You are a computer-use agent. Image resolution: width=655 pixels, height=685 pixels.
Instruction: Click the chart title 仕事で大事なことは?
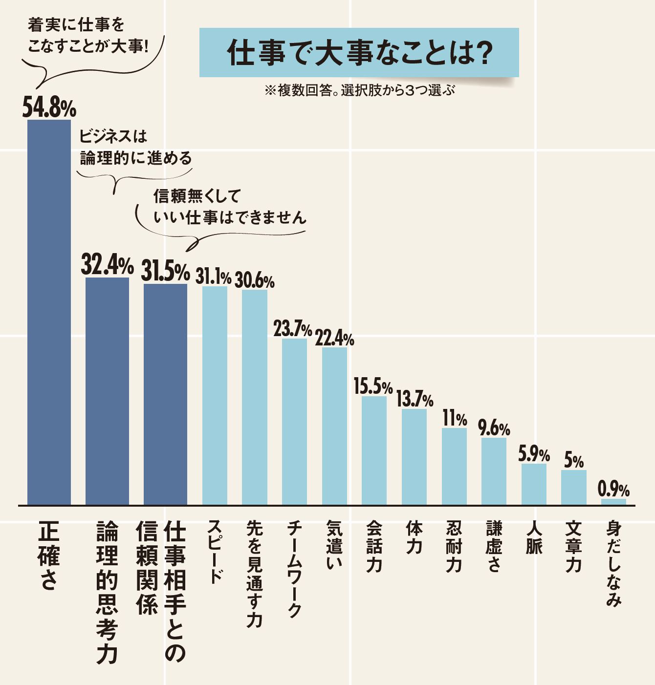tap(359, 53)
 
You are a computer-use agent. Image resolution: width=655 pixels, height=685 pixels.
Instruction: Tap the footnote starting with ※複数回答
tap(359, 90)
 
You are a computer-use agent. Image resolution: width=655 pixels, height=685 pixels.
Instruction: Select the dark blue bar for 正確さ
tap(49, 313)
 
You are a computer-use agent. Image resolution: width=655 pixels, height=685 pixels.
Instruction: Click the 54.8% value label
tap(49, 107)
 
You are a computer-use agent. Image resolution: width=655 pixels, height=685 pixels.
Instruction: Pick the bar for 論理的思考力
tap(107, 391)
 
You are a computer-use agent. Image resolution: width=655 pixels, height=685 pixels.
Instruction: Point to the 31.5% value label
tap(165, 271)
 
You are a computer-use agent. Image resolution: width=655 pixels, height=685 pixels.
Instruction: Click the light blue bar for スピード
tap(215, 396)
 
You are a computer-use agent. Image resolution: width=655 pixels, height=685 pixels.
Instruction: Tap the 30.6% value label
tap(254, 280)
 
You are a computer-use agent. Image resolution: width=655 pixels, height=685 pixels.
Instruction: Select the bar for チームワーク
tap(294, 421)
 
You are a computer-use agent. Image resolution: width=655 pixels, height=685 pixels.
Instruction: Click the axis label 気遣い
tap(334, 545)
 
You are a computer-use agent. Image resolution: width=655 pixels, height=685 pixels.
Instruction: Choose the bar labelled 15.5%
tap(374, 450)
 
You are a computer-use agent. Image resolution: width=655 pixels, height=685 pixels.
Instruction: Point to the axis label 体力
tap(414, 537)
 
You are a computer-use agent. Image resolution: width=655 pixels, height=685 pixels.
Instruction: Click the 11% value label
tap(455, 419)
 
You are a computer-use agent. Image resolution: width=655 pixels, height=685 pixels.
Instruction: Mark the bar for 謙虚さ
tap(494, 471)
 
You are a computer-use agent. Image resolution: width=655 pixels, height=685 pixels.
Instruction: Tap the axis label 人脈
tap(534, 537)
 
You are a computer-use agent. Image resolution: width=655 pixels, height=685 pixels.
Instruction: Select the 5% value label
tap(574, 461)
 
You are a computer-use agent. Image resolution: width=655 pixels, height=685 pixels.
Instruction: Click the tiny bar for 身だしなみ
tap(613, 502)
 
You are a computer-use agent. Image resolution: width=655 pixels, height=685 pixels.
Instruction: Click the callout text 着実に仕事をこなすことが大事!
tap(88, 35)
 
